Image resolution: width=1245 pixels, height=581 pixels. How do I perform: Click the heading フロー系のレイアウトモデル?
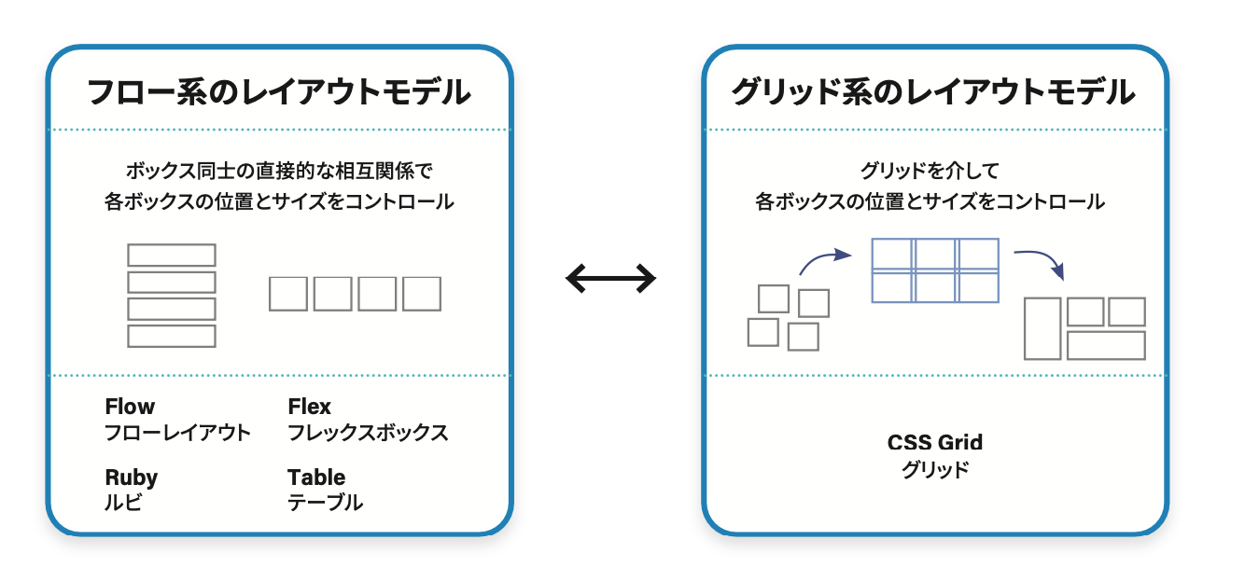pyautogui.click(x=279, y=91)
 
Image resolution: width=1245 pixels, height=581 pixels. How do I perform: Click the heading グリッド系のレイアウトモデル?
pyautogui.click(x=933, y=91)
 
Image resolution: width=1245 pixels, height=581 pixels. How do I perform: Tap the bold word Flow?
pyautogui.click(x=130, y=407)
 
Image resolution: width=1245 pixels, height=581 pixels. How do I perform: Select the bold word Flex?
pyautogui.click(x=309, y=407)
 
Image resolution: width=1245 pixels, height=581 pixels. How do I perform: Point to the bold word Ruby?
pyautogui.click(x=132, y=477)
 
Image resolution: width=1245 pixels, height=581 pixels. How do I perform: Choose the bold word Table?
pyautogui.click(x=316, y=477)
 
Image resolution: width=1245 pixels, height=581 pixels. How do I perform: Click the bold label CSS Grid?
pyautogui.click(x=935, y=443)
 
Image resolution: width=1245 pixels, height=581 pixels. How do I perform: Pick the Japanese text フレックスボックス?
pyautogui.click(x=368, y=433)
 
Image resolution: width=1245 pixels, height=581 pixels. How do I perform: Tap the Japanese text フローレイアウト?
pyautogui.click(x=178, y=433)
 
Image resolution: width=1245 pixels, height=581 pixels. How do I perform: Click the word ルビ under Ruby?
pyautogui.click(x=123, y=503)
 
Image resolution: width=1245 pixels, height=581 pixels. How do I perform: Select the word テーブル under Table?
pyautogui.click(x=325, y=503)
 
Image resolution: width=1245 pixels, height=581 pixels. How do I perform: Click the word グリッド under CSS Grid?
pyautogui.click(x=935, y=469)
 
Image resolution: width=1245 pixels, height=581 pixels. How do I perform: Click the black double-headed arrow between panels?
pyautogui.click(x=610, y=278)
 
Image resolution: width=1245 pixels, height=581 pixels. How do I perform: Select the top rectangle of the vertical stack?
pyautogui.click(x=172, y=256)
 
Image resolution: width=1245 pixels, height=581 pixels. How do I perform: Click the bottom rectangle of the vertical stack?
pyautogui.click(x=172, y=337)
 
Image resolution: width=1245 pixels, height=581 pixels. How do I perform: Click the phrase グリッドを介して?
pyautogui.click(x=930, y=171)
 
